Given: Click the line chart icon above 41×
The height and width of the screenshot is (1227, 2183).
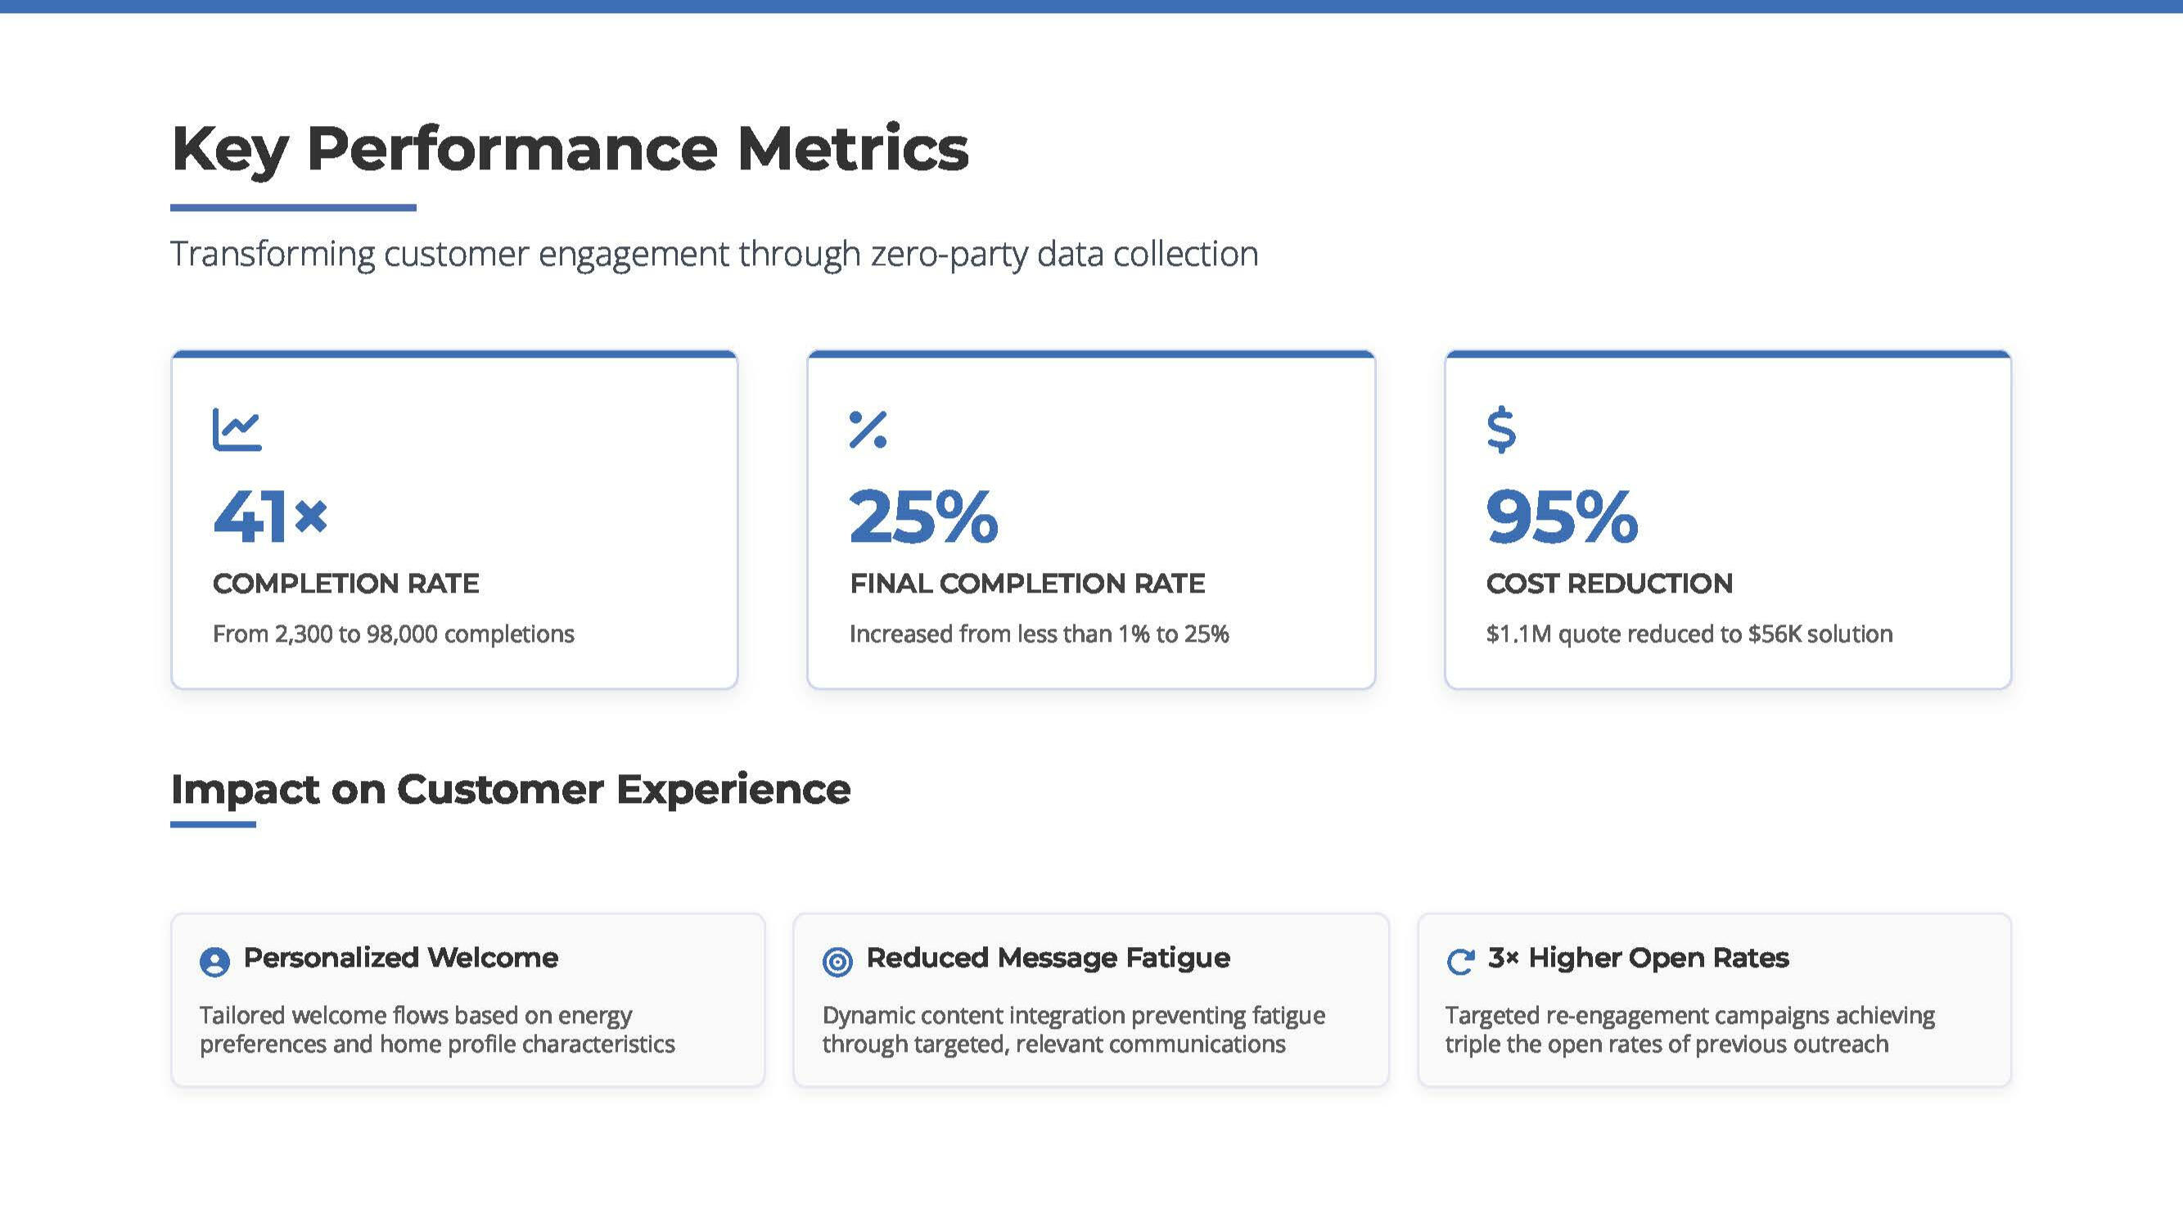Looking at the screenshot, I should click(237, 430).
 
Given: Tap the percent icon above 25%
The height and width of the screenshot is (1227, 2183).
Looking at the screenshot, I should click(868, 430).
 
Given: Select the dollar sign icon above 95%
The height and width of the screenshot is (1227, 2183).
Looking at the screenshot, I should click(1501, 430).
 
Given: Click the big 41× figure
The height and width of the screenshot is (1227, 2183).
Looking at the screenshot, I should click(269, 516).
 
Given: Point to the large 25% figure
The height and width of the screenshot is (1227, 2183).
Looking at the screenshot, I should click(924, 516).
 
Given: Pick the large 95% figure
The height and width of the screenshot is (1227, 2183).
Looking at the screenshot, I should click(1562, 516).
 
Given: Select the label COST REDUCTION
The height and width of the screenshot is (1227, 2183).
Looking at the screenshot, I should click(1609, 583).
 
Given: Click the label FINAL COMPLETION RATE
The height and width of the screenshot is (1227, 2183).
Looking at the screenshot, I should click(1027, 583).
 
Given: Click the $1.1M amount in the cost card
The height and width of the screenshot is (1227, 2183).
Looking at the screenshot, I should click(1518, 634).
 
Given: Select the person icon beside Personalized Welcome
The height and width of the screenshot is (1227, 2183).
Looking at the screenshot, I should click(214, 962).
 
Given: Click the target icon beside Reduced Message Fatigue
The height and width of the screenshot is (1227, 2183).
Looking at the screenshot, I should click(837, 962).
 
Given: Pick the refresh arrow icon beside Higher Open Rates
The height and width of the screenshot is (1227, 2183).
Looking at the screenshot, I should click(1460, 962).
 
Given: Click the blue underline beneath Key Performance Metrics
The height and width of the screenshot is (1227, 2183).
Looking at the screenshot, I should click(293, 208).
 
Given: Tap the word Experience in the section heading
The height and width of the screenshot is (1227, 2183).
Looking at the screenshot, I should click(733, 790).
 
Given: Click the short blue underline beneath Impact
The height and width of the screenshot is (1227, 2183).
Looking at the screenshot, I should click(213, 823).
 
